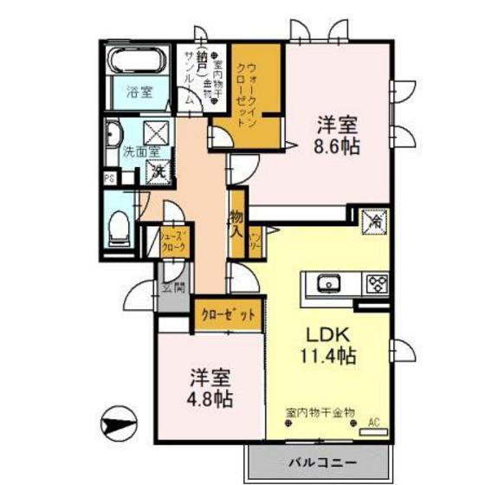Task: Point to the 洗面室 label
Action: coord(139,152)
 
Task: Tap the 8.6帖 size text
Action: coord(338,145)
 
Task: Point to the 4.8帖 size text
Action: coord(210,399)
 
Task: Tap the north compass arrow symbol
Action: coord(119,425)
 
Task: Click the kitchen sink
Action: coord(329,283)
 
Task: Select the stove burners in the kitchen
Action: coord(376,283)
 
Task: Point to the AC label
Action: coord(374,424)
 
